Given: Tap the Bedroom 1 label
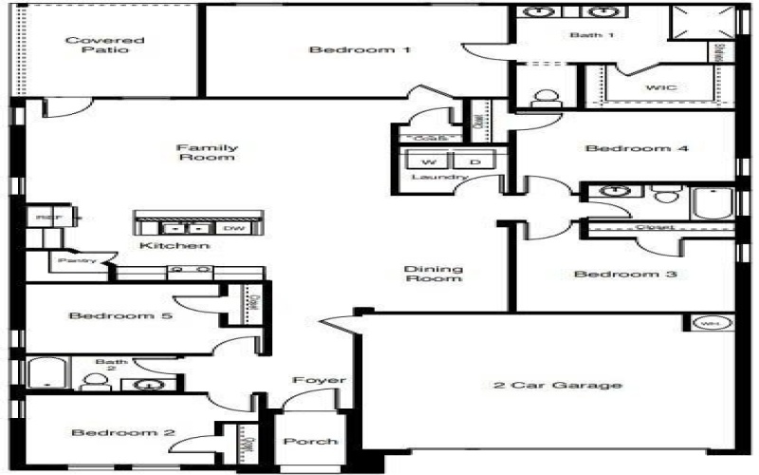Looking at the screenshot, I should tap(360, 49).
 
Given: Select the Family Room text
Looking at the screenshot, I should tap(206, 152).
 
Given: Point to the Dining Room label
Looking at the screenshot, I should tap(434, 273).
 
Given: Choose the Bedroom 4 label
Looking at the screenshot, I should tap(622, 148).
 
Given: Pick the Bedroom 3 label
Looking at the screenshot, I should tap(612, 275).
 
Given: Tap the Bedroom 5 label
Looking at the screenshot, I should tap(120, 315).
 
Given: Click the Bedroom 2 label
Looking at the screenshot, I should tap(123, 433).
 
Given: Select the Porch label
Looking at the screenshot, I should tap(310, 441).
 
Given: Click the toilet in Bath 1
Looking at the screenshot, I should tap(546, 99).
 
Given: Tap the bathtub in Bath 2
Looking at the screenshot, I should tap(45, 373).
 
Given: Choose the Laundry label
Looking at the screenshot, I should tap(439, 178).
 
